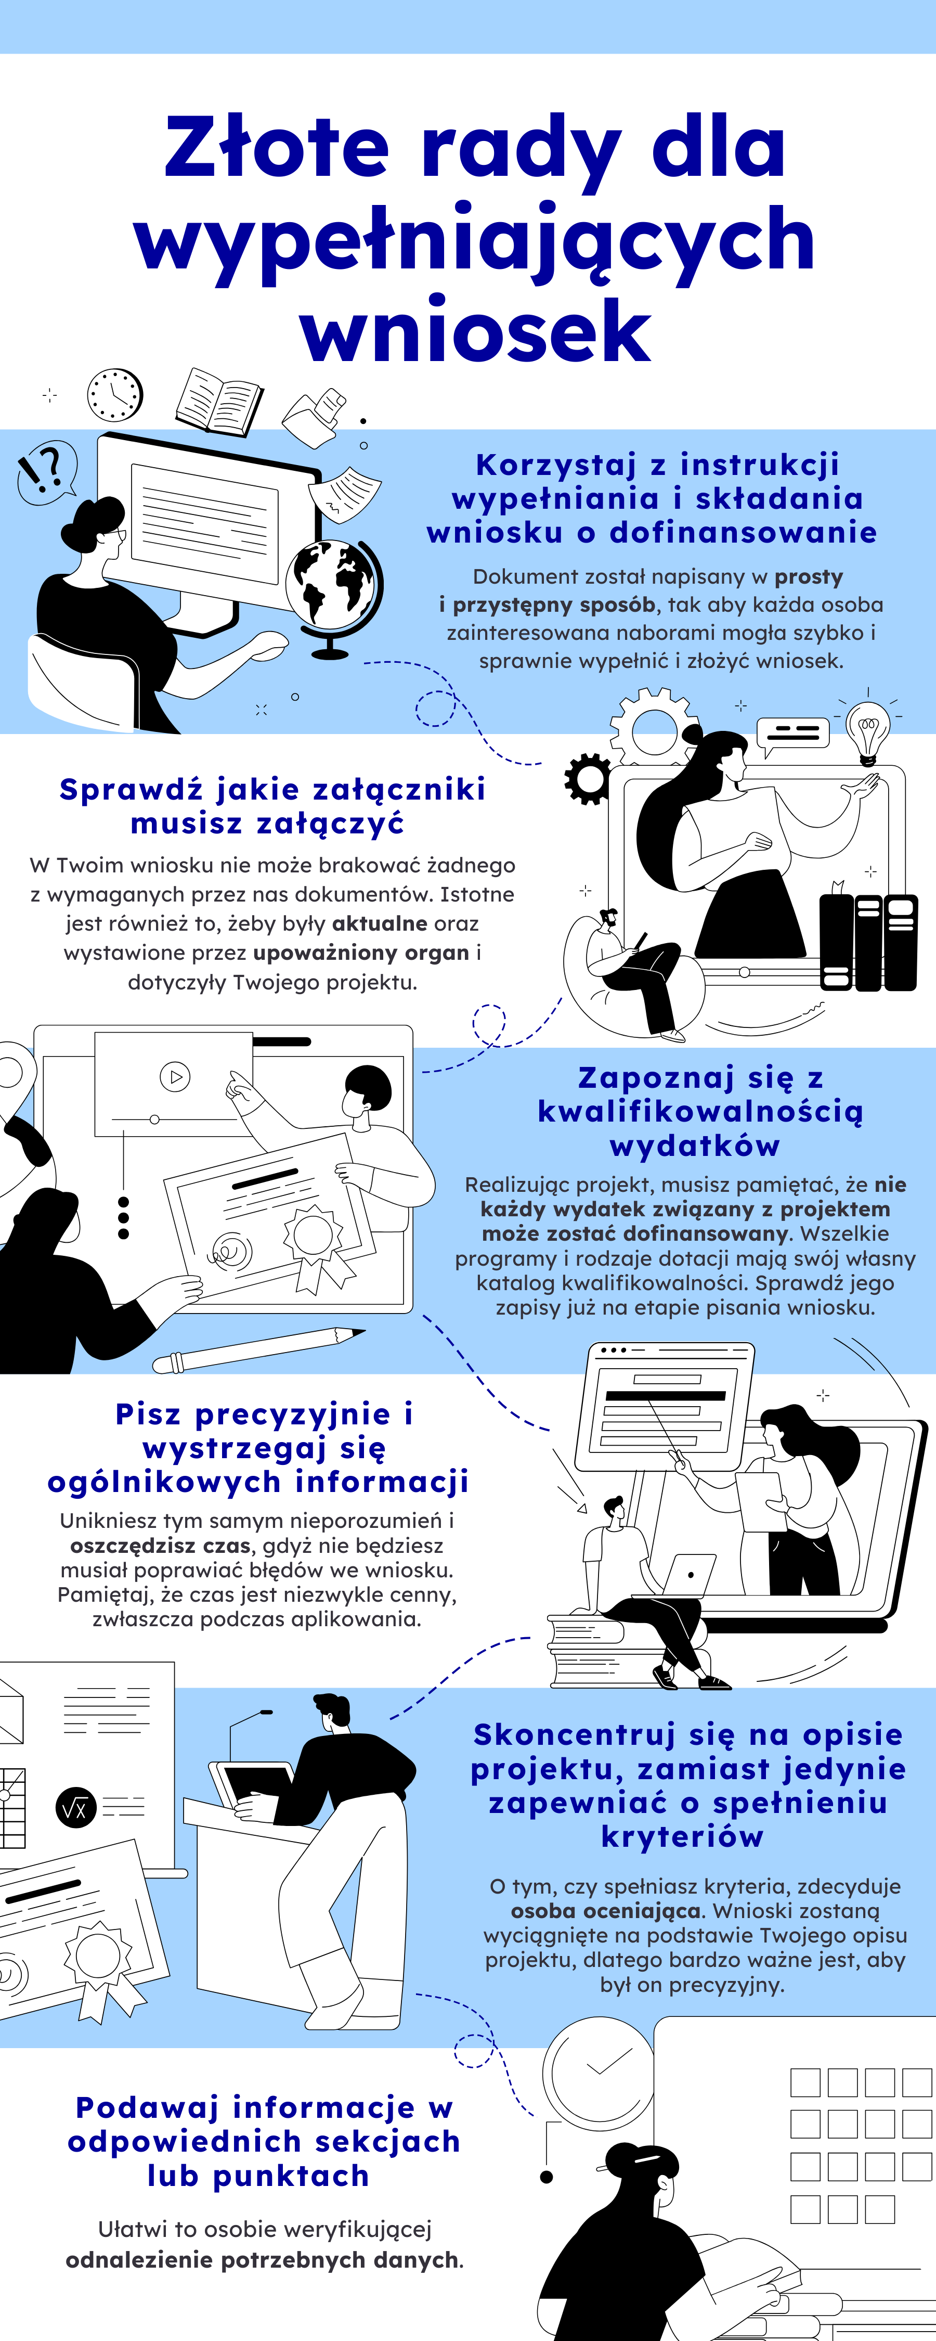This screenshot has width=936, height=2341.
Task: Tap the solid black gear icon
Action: coord(587,779)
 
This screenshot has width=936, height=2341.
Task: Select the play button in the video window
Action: coord(175,1077)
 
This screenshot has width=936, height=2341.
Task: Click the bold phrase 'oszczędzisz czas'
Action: coord(160,1546)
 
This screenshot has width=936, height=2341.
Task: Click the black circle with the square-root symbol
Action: coord(76,1808)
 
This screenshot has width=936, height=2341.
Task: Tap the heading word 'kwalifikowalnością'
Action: coord(700,1111)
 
